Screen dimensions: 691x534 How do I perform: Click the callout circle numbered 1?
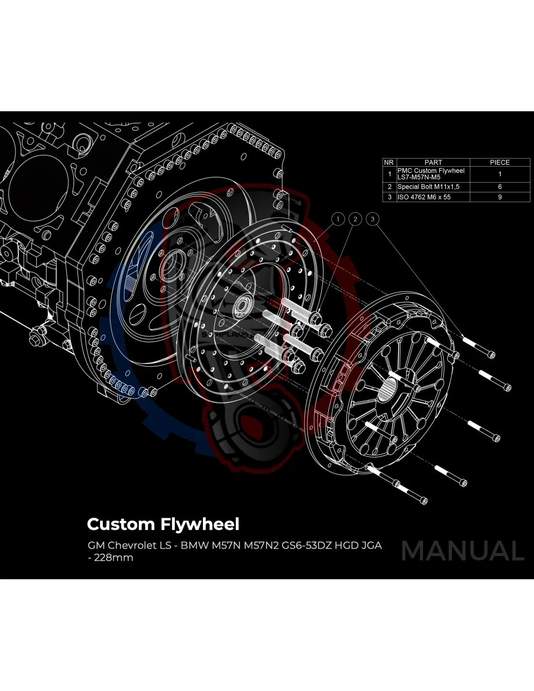point(338,219)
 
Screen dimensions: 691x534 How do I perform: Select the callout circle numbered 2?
point(355,219)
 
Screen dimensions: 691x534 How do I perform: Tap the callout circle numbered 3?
point(373,219)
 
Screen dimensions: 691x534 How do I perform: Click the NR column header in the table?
point(389,162)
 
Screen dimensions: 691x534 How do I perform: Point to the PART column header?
point(433,162)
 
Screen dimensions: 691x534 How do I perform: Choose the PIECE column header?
point(500,162)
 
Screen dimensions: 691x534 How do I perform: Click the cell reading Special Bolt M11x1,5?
point(428,187)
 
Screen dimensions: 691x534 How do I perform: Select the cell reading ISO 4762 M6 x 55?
point(424,197)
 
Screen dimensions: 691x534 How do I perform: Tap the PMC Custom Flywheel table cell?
point(431,173)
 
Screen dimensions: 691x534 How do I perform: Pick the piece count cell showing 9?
point(500,197)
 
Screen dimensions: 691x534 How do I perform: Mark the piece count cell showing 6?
point(500,187)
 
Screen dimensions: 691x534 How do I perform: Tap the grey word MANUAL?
point(463,551)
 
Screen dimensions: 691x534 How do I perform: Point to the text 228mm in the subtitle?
point(114,557)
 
